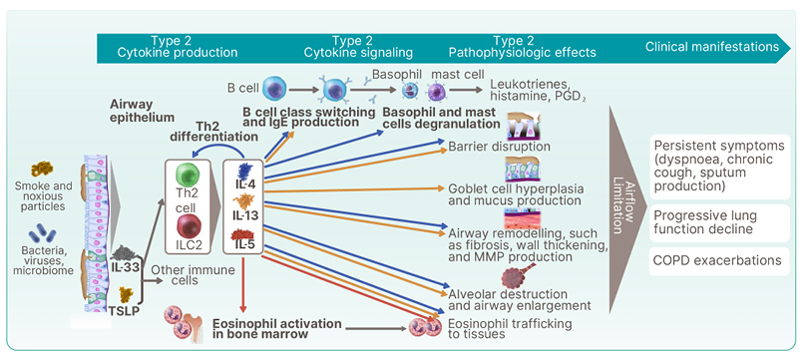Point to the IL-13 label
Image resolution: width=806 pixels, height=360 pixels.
(x=243, y=214)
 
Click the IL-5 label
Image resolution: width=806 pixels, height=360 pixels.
(x=243, y=244)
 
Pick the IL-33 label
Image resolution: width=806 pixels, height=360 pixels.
(x=125, y=266)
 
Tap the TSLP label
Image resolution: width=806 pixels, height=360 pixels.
(x=124, y=310)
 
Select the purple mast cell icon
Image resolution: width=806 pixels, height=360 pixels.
(x=438, y=92)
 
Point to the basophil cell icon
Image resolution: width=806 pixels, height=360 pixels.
(x=410, y=92)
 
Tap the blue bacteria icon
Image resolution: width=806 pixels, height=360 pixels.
(x=42, y=233)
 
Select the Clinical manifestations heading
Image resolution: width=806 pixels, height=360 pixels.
(x=712, y=46)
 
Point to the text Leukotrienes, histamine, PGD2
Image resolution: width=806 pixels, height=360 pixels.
(x=537, y=90)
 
